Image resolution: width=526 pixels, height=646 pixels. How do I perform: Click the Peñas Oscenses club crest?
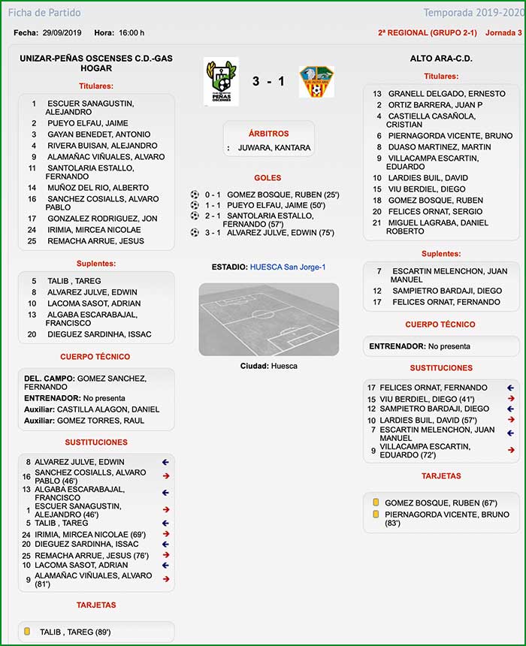click(x=221, y=81)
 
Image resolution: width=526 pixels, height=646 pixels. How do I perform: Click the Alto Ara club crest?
click(x=316, y=81)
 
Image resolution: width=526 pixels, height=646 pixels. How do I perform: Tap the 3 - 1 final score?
click(x=268, y=81)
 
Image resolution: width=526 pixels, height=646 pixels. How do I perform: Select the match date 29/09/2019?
click(x=62, y=33)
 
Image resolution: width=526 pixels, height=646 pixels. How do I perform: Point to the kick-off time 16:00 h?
click(x=131, y=33)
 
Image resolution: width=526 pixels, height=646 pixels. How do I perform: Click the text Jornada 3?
click(x=503, y=33)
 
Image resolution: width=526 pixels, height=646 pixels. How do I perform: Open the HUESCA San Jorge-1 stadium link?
click(x=288, y=267)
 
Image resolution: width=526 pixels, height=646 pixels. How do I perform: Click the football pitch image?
click(x=268, y=319)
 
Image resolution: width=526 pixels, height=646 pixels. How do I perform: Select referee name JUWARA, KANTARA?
click(x=274, y=148)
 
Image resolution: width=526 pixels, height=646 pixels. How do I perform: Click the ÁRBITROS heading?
click(x=268, y=134)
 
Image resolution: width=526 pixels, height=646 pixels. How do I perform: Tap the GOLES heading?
click(x=268, y=178)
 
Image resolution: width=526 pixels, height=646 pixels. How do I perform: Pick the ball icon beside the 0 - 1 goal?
click(x=195, y=195)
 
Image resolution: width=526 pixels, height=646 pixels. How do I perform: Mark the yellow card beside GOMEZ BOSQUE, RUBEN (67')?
click(x=376, y=503)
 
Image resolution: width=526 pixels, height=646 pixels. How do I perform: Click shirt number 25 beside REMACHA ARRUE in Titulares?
click(x=32, y=241)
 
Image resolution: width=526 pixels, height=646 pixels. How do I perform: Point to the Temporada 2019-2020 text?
click(x=472, y=13)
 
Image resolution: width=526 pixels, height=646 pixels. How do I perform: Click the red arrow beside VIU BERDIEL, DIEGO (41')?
click(x=511, y=399)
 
